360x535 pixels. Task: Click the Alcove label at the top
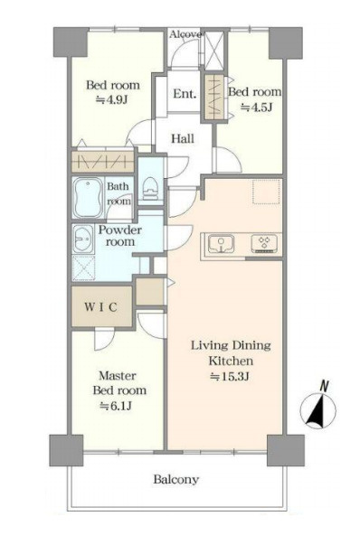tap(185, 34)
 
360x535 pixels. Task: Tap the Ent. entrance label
tap(185, 93)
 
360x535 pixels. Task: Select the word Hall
tap(183, 138)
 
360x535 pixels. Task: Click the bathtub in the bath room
tap(88, 198)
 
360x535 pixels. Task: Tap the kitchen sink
tap(222, 244)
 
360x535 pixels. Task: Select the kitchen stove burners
tap(264, 243)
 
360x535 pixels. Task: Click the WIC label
tap(100, 306)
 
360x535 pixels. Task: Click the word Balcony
tap(175, 479)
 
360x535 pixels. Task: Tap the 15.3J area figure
tap(231, 376)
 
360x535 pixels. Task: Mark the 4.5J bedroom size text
tap(257, 108)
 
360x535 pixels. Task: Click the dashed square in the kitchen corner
tap(267, 192)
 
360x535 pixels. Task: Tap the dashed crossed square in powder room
tap(84, 267)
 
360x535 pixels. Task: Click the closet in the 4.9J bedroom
tap(103, 162)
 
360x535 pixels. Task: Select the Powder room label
tap(120, 236)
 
